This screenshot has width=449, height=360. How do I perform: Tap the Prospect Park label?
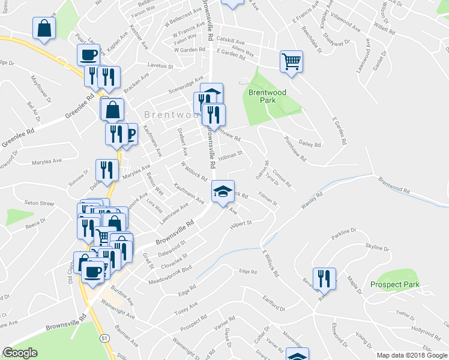tap(394, 284)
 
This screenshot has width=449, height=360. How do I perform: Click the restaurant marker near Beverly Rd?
tap(324, 278)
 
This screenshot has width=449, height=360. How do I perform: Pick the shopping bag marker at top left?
tap(44, 28)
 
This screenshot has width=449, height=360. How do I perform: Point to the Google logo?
tap(20, 353)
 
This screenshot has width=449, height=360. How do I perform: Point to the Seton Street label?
tap(39, 203)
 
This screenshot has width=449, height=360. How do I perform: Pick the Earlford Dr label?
tap(274, 302)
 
